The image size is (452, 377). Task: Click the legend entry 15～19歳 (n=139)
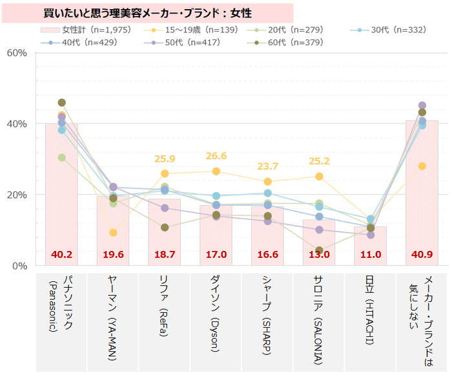pyautogui.click(x=196, y=30)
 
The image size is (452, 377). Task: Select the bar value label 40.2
pyautogui.click(x=61, y=254)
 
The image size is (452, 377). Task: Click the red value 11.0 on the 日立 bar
pyautogui.click(x=370, y=254)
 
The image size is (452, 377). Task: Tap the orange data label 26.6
pyautogui.click(x=216, y=156)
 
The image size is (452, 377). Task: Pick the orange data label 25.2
pyautogui.click(x=319, y=161)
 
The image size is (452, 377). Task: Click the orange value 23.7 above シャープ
pyautogui.click(x=267, y=166)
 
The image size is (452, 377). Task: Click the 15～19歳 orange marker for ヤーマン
pyautogui.click(x=113, y=233)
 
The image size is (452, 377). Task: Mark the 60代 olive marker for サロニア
pyautogui.click(x=319, y=251)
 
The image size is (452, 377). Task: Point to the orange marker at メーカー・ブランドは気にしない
pyautogui.click(x=422, y=166)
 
